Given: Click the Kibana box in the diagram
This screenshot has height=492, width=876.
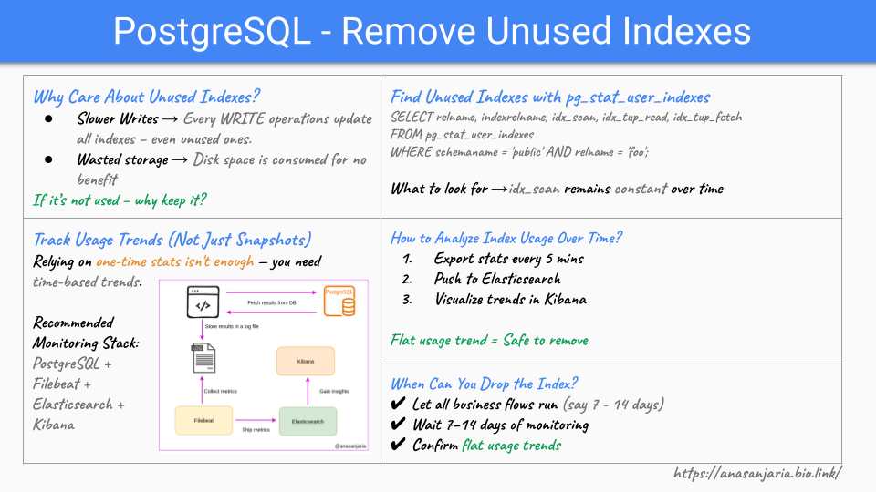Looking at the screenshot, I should click(306, 361).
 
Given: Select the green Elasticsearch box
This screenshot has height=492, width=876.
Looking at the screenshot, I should click(308, 421).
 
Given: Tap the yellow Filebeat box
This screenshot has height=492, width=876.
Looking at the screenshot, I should click(203, 421).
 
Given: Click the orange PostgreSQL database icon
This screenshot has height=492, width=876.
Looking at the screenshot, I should click(339, 302).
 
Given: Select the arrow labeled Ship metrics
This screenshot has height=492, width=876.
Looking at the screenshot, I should click(255, 421).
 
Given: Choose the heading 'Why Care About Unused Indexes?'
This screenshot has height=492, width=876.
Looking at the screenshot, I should click(147, 97).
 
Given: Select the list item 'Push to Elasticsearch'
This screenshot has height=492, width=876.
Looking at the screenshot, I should click(497, 279).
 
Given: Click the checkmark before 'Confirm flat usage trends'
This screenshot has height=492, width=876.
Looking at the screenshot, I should click(398, 446).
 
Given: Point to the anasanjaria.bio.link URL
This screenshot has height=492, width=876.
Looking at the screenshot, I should click(756, 473).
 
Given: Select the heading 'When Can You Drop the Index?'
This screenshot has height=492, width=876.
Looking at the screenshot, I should click(484, 384).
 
